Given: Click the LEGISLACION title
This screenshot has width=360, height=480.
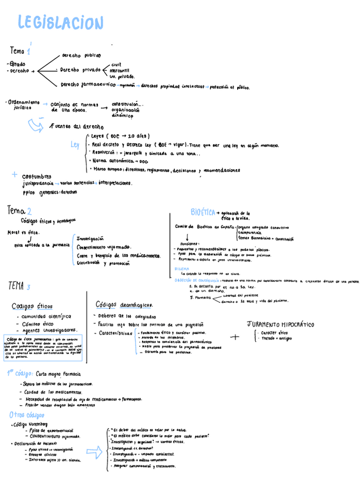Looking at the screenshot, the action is [x=61, y=23].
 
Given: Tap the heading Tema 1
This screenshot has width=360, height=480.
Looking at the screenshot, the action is [x=20, y=51].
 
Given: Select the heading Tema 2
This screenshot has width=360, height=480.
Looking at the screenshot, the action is [x=20, y=211].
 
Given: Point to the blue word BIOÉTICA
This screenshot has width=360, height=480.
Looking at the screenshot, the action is [x=203, y=212].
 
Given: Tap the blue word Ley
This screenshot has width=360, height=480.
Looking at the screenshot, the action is [x=75, y=145].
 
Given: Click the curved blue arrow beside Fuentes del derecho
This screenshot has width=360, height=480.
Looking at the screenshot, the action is [x=37, y=124].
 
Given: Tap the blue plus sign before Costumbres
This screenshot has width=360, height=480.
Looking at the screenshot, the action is [x=14, y=175].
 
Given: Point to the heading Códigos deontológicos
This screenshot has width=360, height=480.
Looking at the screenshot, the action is [x=124, y=305].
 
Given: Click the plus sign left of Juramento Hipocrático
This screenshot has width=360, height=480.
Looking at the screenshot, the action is [x=235, y=337].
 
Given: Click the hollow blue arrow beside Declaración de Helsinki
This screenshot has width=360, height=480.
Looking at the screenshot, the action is [x=93, y=451].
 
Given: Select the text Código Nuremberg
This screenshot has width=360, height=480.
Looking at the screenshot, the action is [x=31, y=424].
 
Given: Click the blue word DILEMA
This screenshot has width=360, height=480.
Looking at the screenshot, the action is [x=182, y=268].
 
